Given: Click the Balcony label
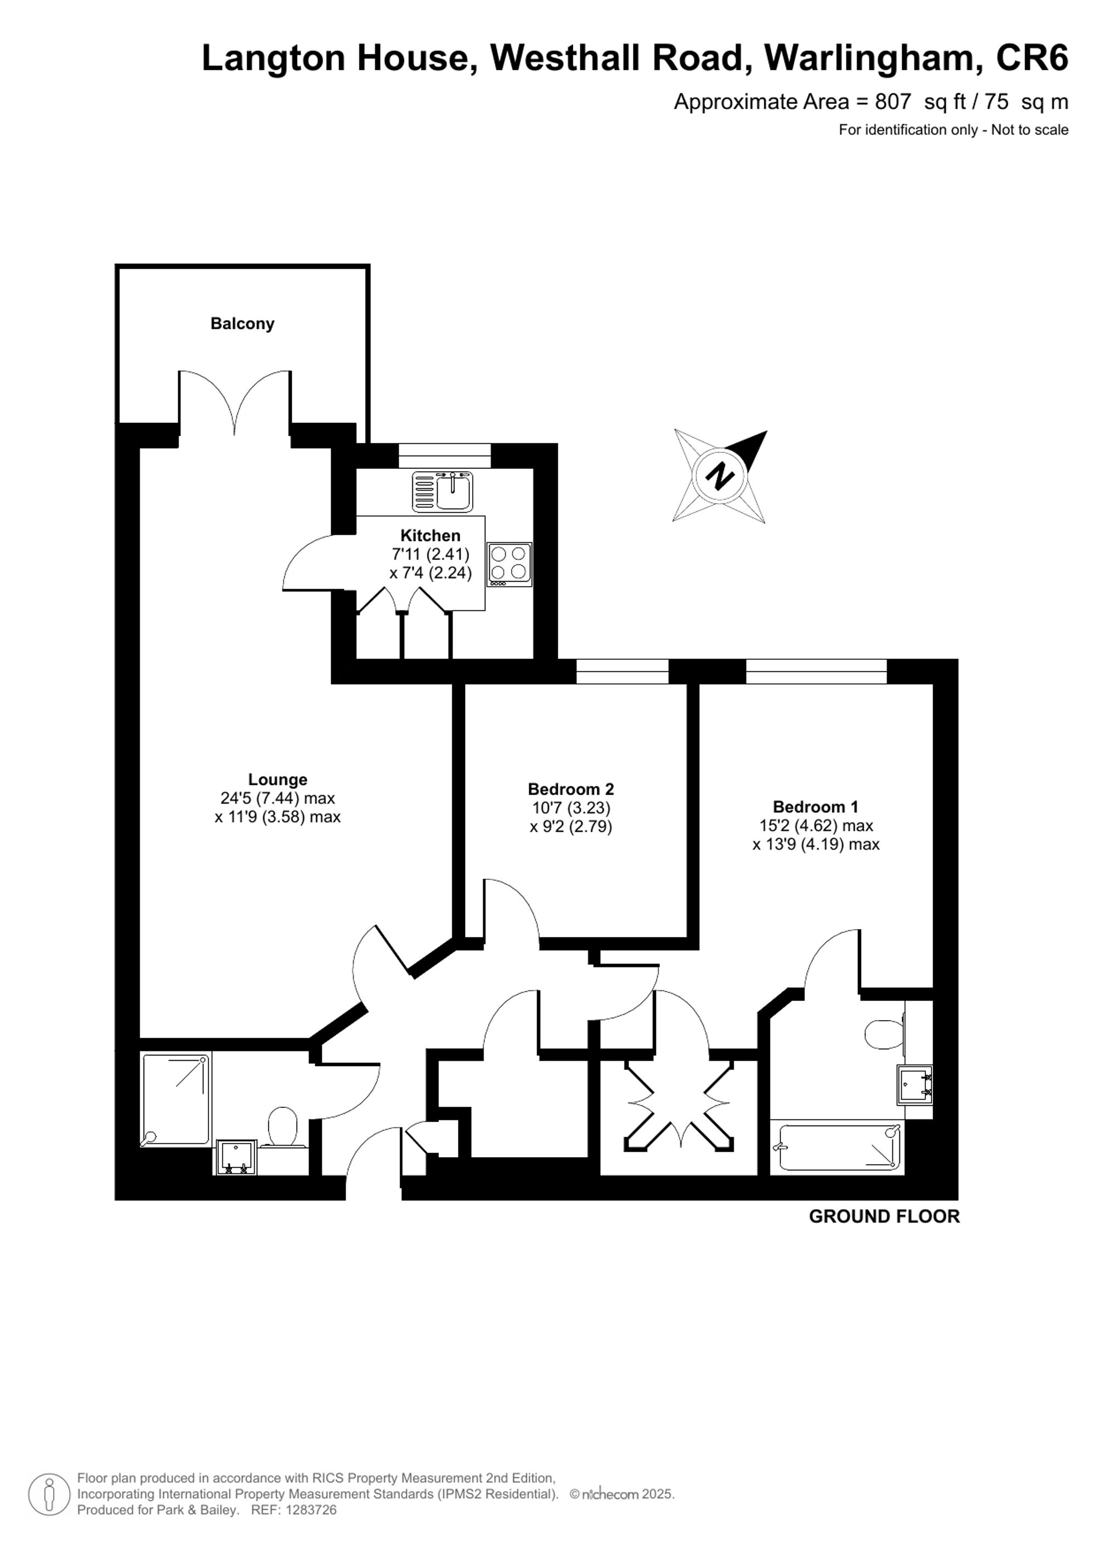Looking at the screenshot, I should [x=242, y=324].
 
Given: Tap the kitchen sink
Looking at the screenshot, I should [x=443, y=492].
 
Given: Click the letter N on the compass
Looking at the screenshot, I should [x=720, y=476].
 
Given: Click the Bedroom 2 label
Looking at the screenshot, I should [x=571, y=789].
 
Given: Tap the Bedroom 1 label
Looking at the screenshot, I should [x=815, y=807].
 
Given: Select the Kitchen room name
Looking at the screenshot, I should [x=430, y=536].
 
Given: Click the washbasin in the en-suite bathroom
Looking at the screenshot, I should [x=914, y=1084].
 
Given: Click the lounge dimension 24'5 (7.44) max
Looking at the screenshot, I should [x=278, y=799].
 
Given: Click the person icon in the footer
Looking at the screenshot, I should [x=49, y=1495].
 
